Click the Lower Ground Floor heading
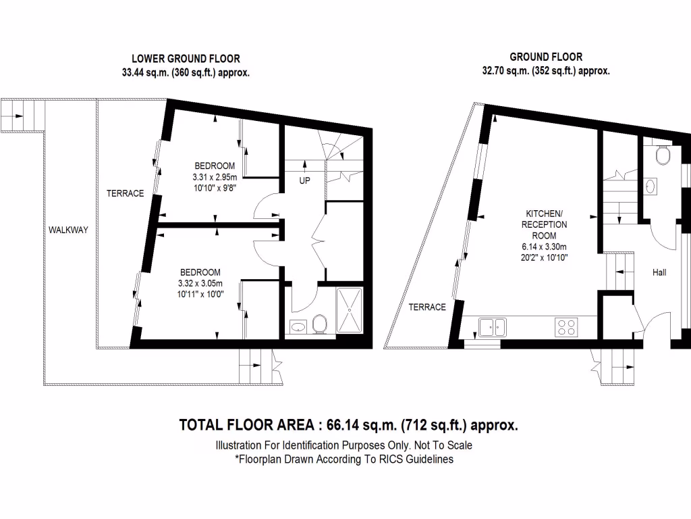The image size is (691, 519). [x=186, y=59]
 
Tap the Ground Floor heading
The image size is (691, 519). [x=546, y=57]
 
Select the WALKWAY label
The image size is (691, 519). [x=68, y=230]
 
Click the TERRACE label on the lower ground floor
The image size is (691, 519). [x=125, y=193]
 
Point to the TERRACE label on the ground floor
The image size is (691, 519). [x=427, y=307]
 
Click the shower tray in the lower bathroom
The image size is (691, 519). [x=350, y=310]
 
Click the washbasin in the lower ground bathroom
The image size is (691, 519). [x=298, y=327]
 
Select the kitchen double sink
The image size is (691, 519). [x=493, y=327]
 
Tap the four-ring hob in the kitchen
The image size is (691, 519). [x=566, y=327]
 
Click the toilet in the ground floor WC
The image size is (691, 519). [x=663, y=156]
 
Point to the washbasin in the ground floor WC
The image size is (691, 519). [x=651, y=186]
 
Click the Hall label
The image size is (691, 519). [x=659, y=272]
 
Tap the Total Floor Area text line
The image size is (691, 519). [x=348, y=425]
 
